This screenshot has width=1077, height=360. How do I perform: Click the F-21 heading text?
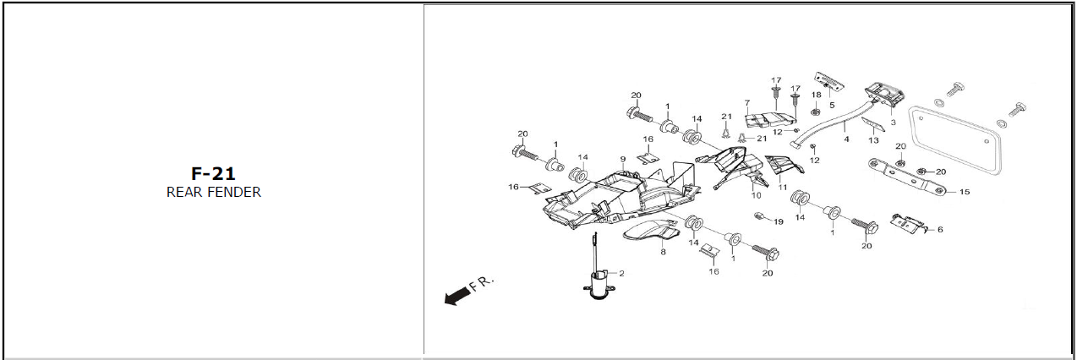213,173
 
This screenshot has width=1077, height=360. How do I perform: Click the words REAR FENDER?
214,193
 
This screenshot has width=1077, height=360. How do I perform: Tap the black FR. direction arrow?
456,296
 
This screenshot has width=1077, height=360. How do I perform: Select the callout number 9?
623,159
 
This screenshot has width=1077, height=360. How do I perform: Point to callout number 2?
621,274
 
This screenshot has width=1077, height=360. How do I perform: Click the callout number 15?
965,192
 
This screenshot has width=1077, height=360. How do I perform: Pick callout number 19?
779,221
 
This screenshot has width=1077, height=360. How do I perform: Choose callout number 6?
940,230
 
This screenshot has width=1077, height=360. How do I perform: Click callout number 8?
663,252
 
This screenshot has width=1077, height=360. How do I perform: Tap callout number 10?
756,195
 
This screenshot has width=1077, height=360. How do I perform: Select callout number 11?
783,187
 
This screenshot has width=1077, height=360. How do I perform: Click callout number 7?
747,103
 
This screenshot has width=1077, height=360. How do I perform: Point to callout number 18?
817,95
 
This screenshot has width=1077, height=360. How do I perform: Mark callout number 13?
873,140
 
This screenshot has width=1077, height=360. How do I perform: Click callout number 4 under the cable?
846,139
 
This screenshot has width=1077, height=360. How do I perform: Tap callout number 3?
893,123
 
